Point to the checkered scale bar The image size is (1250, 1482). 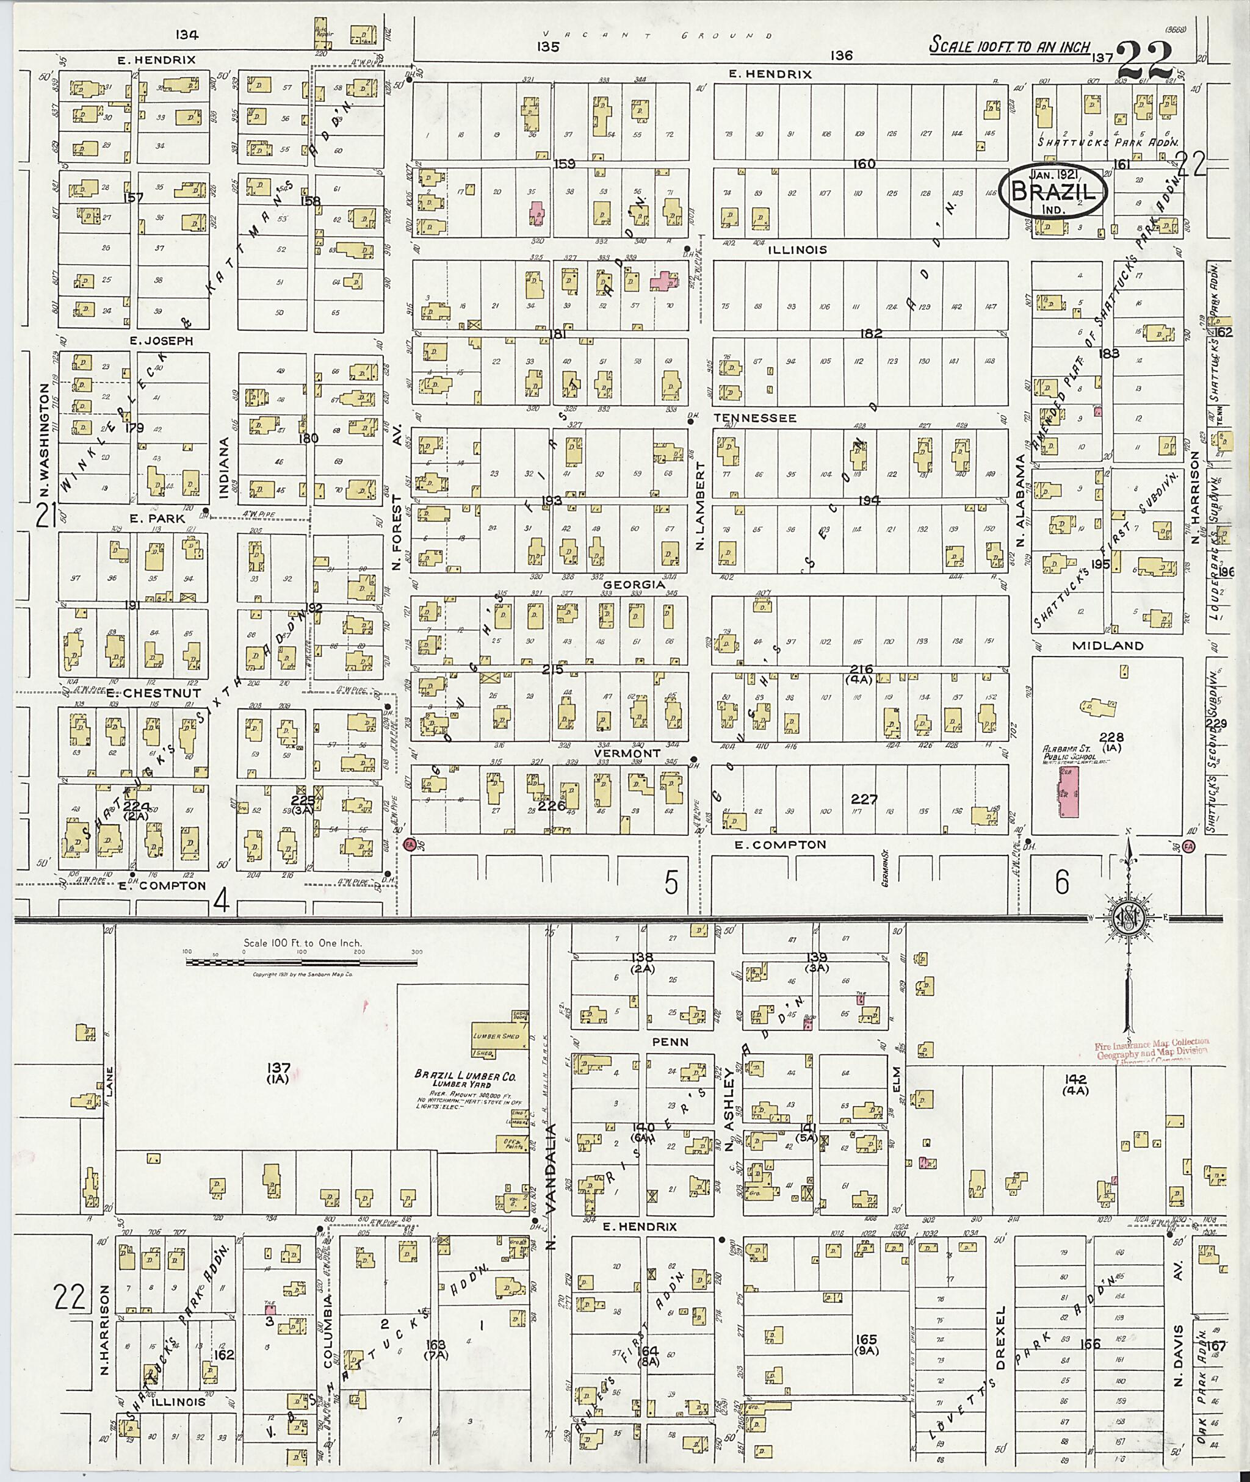[x=301, y=962]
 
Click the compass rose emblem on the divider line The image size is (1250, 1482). [x=1125, y=918]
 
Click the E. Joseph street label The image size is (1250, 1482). [x=161, y=340]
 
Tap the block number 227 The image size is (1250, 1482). [x=864, y=799]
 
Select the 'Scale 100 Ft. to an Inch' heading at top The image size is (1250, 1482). [x=1010, y=47]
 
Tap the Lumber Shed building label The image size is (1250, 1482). [x=496, y=1036]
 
